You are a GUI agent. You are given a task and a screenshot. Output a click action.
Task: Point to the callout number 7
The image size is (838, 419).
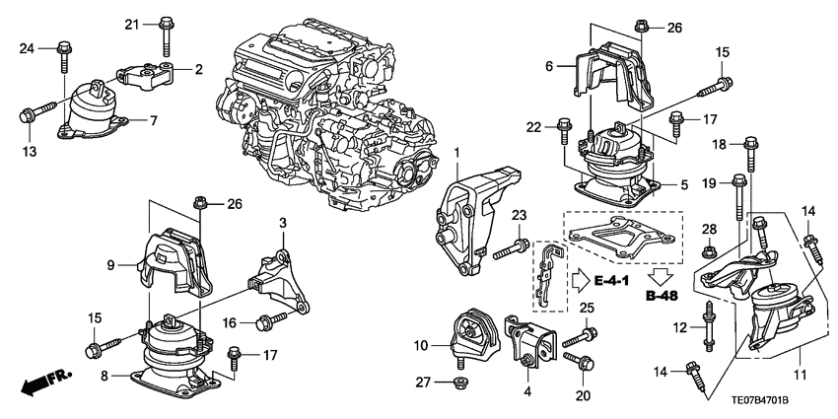pyautogui.click(x=154, y=120)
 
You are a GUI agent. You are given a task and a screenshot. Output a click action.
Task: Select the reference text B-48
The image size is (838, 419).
pyautogui.click(x=661, y=294)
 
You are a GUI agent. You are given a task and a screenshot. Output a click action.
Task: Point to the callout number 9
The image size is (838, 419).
pyautogui.click(x=111, y=264)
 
